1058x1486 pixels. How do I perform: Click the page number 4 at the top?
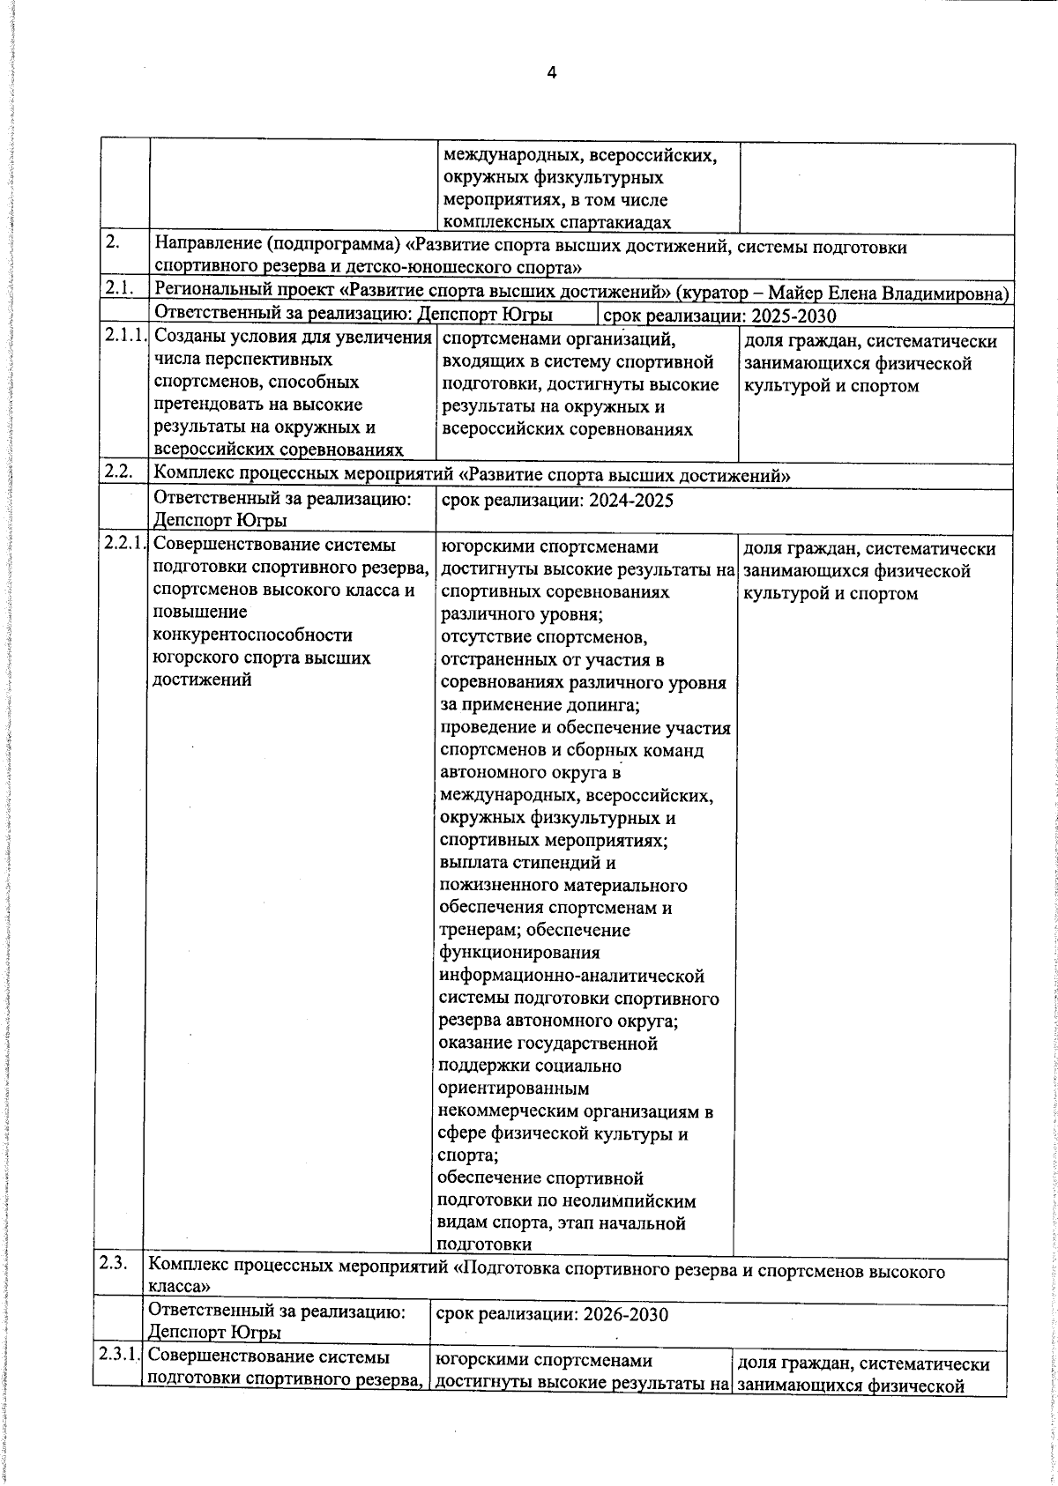[552, 73]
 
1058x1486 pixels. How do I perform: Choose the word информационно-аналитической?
[571, 977]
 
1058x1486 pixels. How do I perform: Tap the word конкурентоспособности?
[252, 635]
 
